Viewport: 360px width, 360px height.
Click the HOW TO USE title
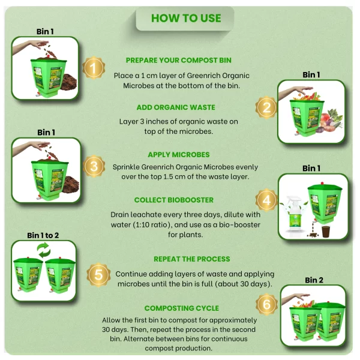click(186, 18)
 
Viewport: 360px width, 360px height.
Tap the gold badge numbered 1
click(94, 68)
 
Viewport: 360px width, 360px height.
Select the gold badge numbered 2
click(266, 107)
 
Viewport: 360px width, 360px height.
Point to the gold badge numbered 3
click(94, 166)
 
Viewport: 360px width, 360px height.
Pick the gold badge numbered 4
click(266, 200)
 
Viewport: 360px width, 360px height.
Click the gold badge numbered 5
click(98, 275)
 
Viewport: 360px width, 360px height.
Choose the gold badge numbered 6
click(266, 304)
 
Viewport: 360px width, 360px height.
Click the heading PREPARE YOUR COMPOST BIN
click(178, 60)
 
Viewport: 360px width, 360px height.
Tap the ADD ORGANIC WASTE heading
click(176, 107)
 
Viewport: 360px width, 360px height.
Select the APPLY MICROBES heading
click(179, 155)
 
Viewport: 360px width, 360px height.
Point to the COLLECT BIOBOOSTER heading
click(174, 200)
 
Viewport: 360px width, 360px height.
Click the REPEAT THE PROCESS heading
click(192, 259)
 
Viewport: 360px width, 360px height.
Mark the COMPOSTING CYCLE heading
click(182, 308)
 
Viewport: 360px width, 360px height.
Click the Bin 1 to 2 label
click(43, 235)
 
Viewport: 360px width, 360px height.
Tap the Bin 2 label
click(314, 280)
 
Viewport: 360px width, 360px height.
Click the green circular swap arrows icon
click(44, 250)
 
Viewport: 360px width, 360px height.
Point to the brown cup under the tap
click(326, 232)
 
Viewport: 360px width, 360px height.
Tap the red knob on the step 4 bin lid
click(322, 183)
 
